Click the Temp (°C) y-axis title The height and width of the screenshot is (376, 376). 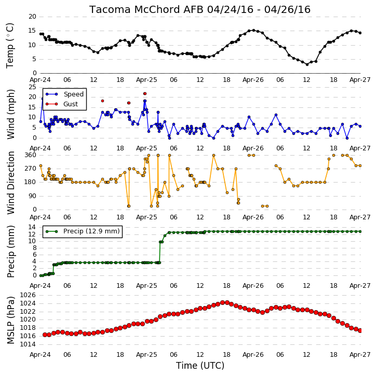(10, 46)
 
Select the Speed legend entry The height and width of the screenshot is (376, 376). (65, 94)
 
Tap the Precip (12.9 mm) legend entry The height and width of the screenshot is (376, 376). (83, 231)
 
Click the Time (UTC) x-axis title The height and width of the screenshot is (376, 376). (200, 366)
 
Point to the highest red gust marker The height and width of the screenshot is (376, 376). (145, 94)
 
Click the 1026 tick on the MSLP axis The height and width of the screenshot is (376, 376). (28, 295)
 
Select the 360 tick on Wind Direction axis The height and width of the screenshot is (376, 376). (30, 155)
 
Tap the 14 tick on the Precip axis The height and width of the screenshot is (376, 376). (32, 227)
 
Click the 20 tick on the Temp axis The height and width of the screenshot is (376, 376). (32, 17)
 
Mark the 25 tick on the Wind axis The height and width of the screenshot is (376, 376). (32, 87)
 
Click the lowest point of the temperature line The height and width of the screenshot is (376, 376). (307, 64)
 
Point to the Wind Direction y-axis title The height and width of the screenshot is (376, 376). (10, 183)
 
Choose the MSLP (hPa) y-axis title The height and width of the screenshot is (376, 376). (10, 321)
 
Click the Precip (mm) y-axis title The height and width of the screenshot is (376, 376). (10, 252)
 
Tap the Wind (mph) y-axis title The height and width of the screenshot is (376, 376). (10, 114)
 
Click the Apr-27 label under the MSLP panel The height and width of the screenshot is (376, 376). (360, 354)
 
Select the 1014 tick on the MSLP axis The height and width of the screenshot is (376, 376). (28, 344)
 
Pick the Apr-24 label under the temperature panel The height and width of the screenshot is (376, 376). (40, 80)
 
